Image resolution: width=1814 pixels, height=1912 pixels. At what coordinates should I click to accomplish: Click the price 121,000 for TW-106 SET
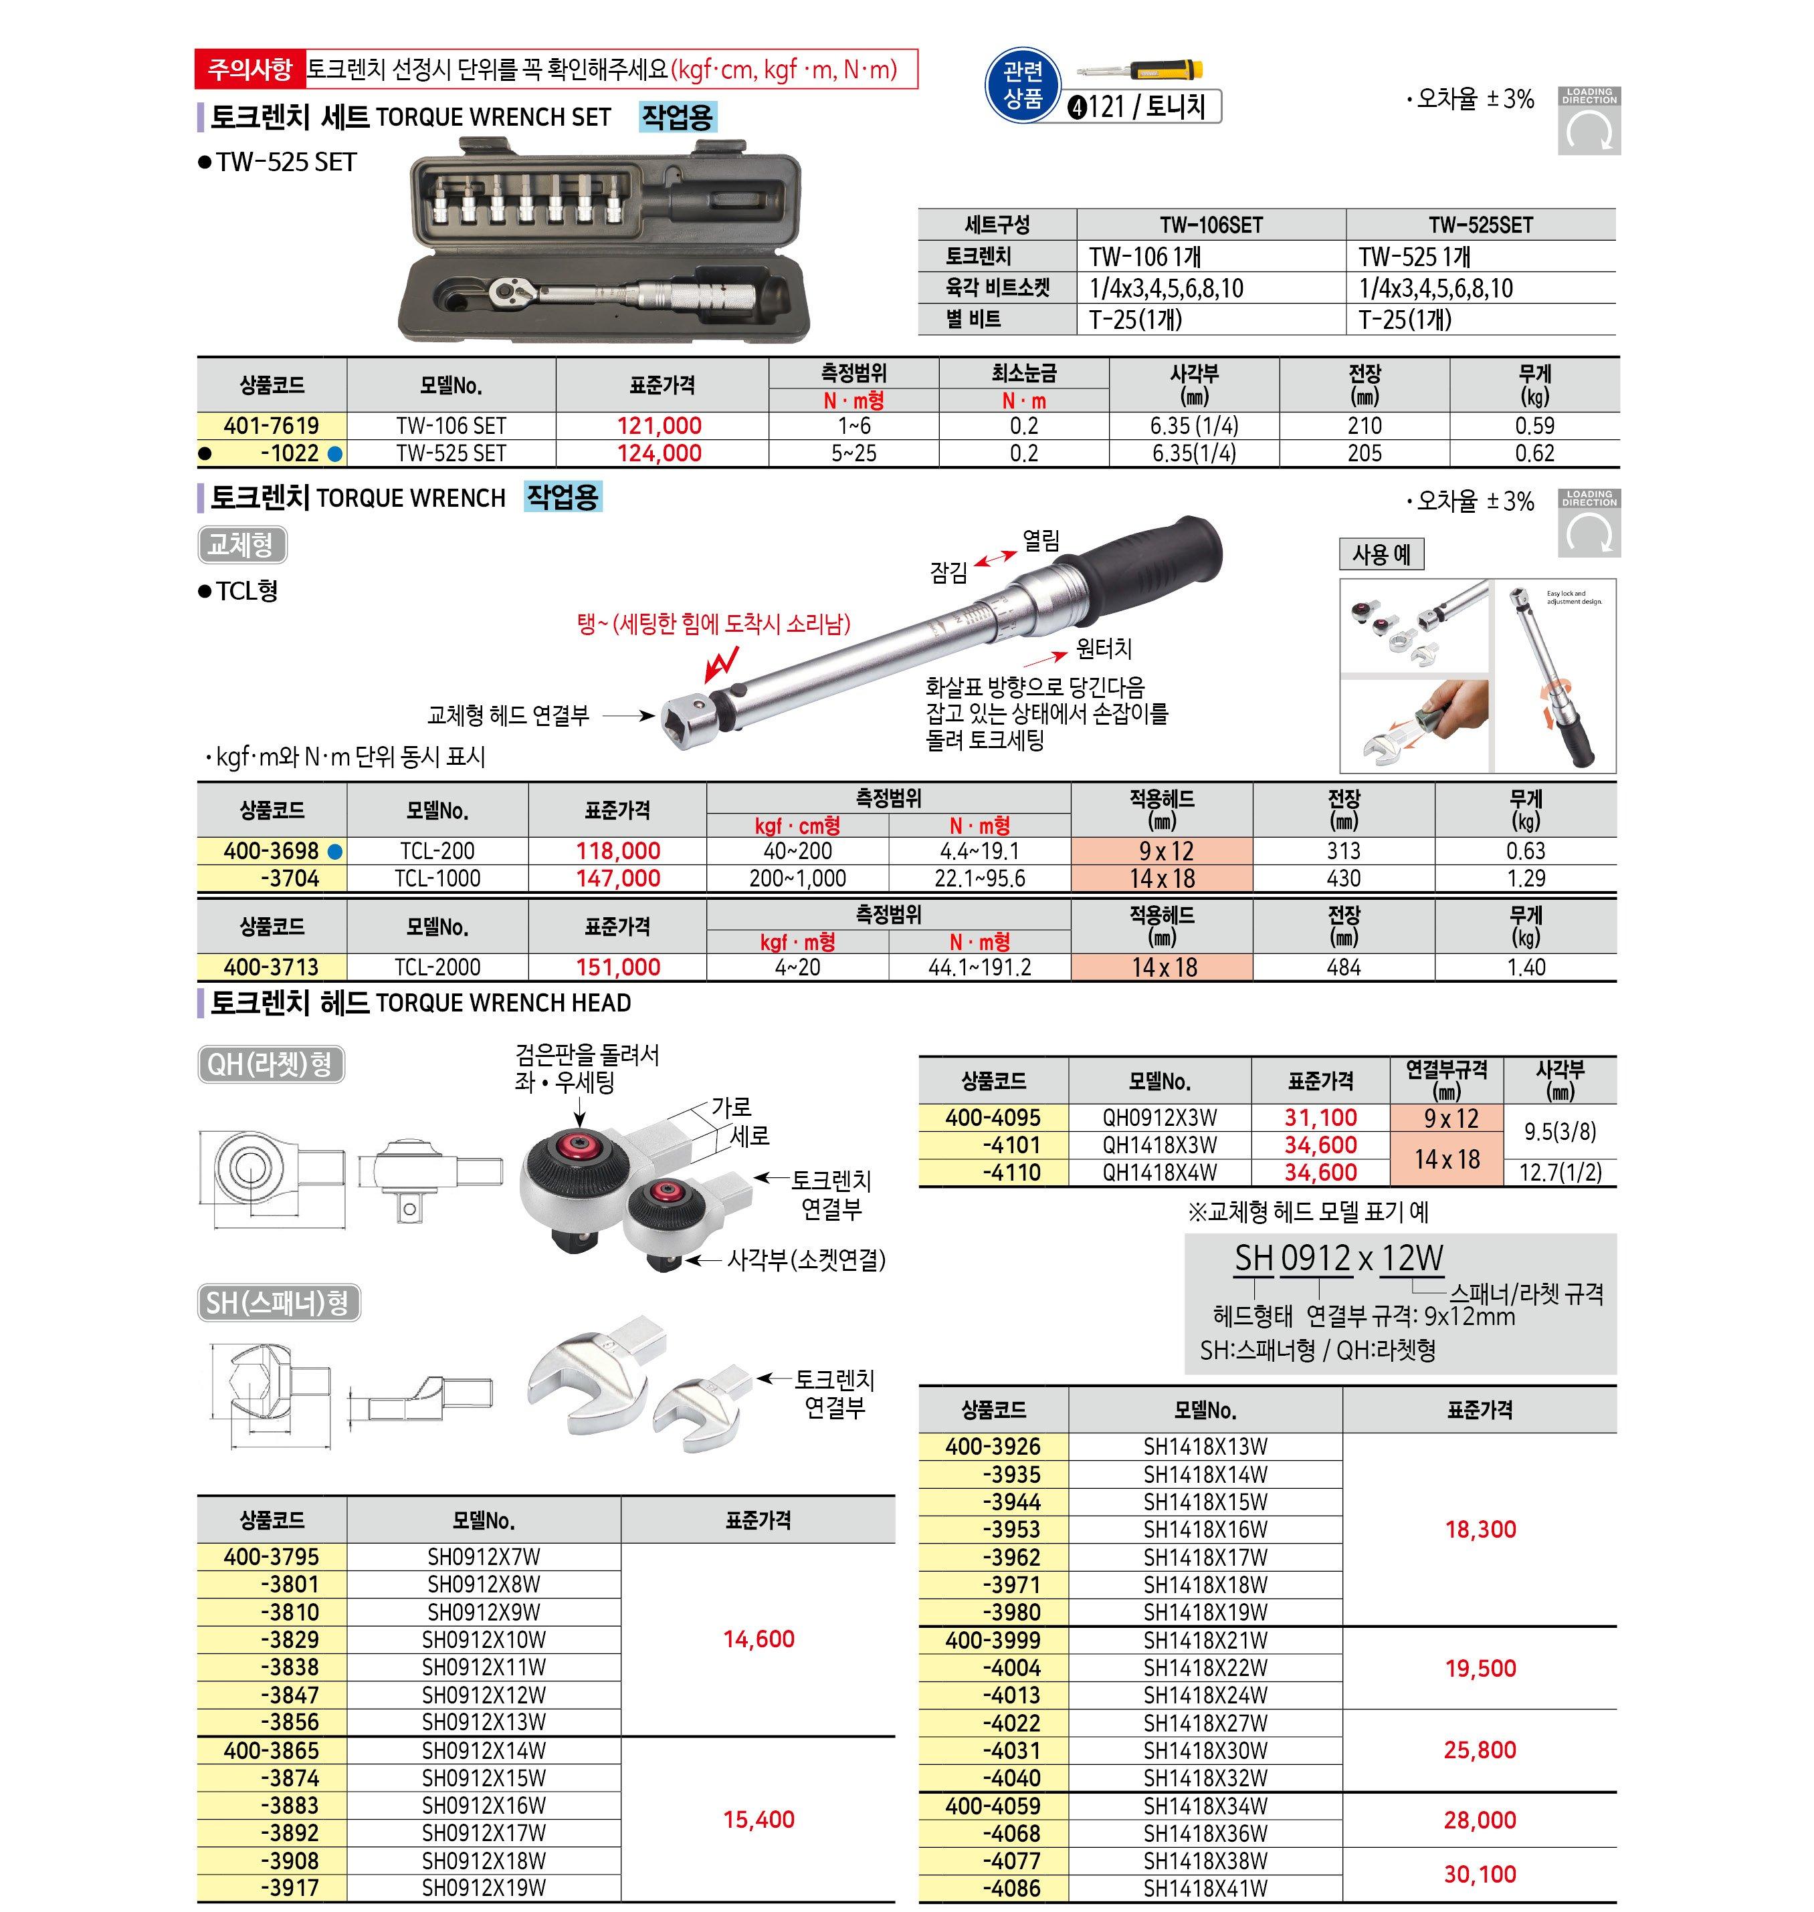point(660,425)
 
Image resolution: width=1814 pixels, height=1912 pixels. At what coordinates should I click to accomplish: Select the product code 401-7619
point(271,425)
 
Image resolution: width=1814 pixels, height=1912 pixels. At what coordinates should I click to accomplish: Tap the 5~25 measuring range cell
point(853,453)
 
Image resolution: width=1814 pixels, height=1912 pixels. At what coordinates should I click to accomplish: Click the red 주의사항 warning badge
point(249,70)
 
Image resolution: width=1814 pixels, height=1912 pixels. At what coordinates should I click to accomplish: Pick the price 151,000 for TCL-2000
point(618,967)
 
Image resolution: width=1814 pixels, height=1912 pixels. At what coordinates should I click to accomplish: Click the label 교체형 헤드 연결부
point(508,716)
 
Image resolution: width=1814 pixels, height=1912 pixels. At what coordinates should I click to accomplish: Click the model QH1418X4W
point(1159,1173)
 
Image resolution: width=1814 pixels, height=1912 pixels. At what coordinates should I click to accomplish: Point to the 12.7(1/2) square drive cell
point(1560,1173)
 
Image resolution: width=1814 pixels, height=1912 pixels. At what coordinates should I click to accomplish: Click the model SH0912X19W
point(484,1888)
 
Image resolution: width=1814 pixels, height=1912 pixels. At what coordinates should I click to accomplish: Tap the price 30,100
point(1480,1875)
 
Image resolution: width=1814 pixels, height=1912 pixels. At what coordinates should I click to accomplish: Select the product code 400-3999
point(993,1641)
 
